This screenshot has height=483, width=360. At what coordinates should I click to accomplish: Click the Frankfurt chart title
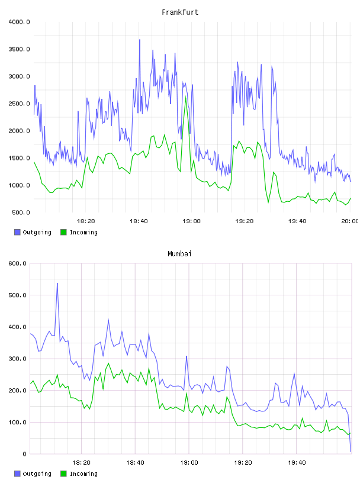180,12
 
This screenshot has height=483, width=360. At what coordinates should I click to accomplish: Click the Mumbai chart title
179,254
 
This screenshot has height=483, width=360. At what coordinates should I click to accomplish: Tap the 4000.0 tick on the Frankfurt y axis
19,22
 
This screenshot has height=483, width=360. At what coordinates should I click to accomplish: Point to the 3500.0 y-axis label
19,49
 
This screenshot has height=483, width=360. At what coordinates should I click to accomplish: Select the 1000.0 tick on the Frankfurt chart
19,185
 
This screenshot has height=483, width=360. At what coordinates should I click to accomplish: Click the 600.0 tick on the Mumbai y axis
17,263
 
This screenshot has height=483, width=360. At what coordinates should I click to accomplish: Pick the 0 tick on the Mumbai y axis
24,454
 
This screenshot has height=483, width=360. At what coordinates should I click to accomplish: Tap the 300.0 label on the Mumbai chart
17,359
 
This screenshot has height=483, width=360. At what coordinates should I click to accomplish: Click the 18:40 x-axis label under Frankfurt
139,221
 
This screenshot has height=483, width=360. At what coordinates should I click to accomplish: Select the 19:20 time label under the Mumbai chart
243,463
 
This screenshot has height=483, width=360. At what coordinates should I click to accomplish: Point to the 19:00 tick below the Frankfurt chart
191,221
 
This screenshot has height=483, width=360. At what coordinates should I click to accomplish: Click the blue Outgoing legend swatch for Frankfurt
17,232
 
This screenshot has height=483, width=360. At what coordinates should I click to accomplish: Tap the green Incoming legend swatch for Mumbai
63,474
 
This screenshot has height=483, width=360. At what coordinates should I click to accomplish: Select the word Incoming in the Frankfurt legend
83,233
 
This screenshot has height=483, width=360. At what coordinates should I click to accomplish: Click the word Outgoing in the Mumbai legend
37,474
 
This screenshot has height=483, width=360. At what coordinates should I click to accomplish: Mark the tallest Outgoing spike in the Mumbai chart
57,284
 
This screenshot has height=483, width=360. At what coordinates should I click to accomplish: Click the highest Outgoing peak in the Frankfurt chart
140,40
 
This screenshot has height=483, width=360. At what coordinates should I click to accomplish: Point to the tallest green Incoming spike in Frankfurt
185,96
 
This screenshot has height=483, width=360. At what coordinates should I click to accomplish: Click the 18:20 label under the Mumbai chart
81,463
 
